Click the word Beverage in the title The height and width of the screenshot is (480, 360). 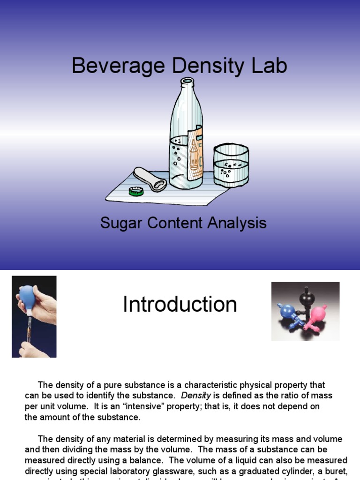coord(109,66)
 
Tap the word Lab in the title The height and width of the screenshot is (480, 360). coord(268,66)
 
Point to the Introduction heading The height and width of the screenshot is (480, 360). coord(180,305)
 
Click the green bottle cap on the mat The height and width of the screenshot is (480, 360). coord(136,191)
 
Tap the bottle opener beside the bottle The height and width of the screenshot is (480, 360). coord(150,179)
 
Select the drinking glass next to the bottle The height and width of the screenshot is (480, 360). coord(231,165)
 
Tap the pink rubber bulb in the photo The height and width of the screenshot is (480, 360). coord(316,312)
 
